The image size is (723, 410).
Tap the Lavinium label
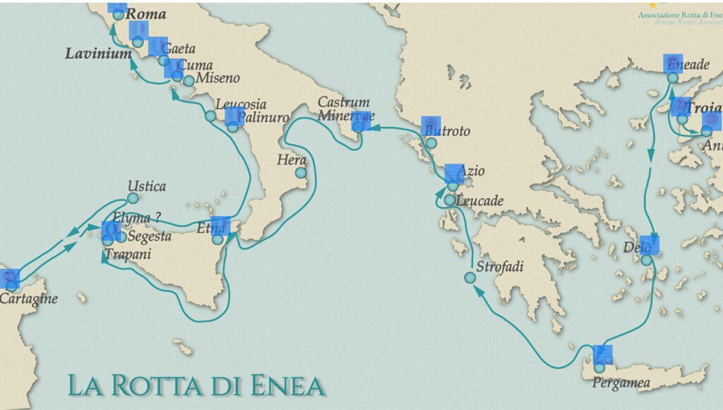99,54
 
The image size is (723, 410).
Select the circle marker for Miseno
189,81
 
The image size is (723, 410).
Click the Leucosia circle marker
210,116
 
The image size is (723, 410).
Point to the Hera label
292,159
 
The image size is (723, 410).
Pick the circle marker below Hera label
301,172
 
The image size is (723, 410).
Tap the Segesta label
150,236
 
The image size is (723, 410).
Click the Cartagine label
28,299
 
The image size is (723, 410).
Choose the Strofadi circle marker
470,277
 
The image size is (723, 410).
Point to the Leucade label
480,201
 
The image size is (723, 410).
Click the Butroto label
446,131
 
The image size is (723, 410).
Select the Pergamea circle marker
599,368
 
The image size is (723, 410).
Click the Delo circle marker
647,260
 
